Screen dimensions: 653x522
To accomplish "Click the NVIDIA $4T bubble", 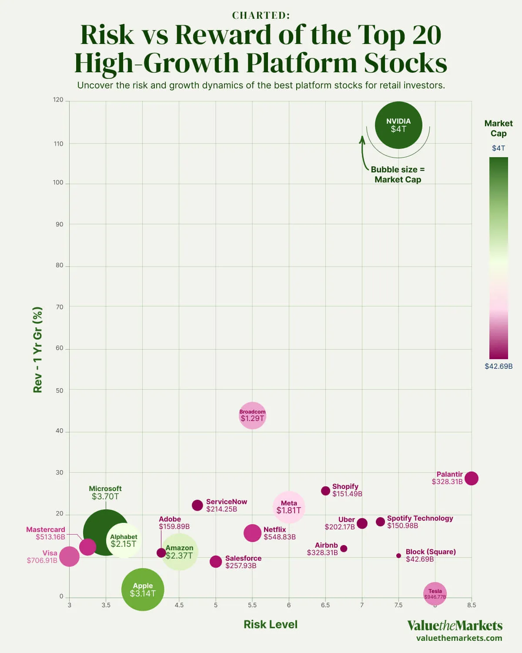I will (398, 125).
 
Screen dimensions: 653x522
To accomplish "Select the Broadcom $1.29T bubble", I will (252, 415).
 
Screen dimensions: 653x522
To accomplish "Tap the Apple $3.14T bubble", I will (143, 590).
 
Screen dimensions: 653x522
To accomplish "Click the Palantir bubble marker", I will (472, 478).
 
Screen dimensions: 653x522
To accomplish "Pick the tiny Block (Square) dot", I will (398, 555).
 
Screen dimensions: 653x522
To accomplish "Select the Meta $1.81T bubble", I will (289, 507).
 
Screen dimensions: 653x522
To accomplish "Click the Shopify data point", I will (325, 491).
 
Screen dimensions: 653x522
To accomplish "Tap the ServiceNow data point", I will (197, 505).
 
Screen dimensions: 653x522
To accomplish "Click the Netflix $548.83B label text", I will (279, 533).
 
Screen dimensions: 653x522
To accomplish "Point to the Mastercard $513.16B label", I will (46, 533).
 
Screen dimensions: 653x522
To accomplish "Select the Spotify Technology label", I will (420, 518).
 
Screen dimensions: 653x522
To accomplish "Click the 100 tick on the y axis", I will (58, 182).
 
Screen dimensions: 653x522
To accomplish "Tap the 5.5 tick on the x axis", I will (252, 605).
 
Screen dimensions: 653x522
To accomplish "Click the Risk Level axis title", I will (271, 624).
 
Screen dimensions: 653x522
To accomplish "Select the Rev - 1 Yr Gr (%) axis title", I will (38, 350).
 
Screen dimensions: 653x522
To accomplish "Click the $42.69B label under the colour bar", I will (499, 366).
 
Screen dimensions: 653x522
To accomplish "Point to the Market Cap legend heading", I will (499, 128).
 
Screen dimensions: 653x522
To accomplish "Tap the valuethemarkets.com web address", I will (459, 638).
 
